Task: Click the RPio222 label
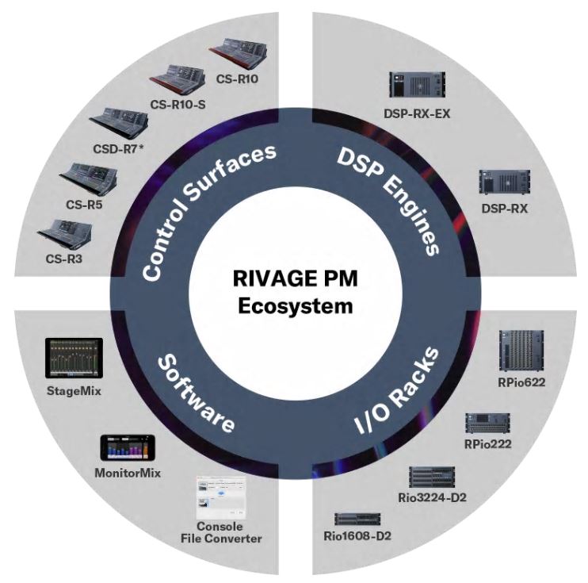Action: tap(488, 443)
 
